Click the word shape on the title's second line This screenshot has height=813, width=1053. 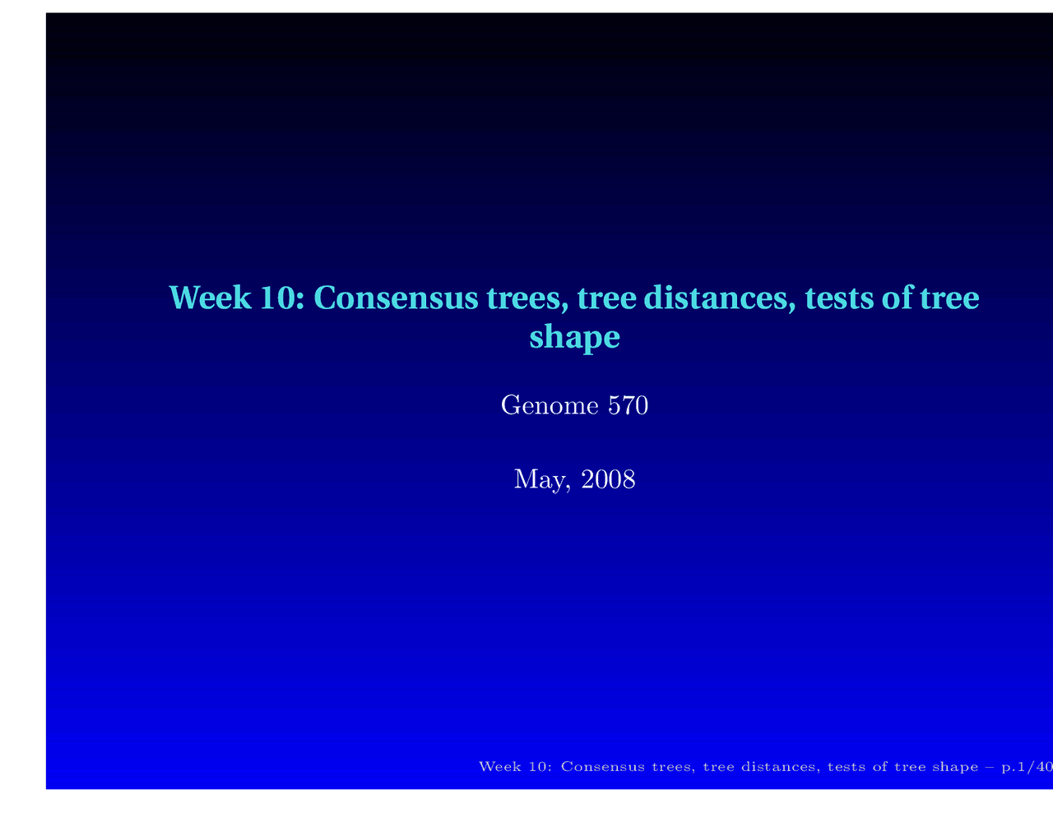tap(573, 337)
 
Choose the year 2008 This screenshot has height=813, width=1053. tap(608, 478)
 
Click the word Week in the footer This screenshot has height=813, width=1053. tap(497, 767)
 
